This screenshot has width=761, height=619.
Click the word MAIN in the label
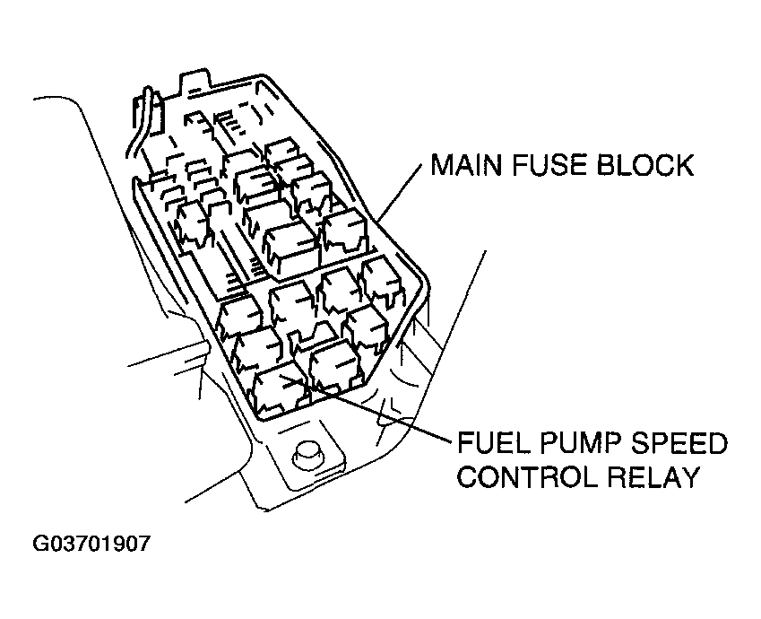pos(466,165)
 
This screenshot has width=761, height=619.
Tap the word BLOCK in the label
pos(644,165)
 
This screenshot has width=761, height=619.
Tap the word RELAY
pos(653,477)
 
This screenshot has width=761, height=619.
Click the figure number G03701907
pos(91,544)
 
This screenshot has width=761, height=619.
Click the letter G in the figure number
pos(39,544)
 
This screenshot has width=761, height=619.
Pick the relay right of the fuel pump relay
pos(336,365)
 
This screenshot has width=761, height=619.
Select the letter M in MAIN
pos(441,165)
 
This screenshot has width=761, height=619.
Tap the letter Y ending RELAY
pos(687,477)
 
